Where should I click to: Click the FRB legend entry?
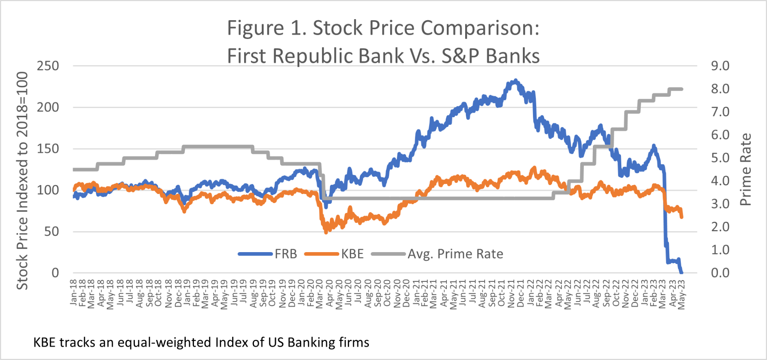[x=285, y=254]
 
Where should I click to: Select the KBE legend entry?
[x=352, y=254]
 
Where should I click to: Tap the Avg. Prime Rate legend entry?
[x=455, y=254]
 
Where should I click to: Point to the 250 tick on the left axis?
[x=48, y=66]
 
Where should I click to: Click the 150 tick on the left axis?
[x=48, y=149]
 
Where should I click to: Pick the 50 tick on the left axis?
[x=52, y=232]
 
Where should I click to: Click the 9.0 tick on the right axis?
[x=720, y=66]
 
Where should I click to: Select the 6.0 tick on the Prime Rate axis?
[x=720, y=135]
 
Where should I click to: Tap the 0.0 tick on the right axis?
[x=720, y=273]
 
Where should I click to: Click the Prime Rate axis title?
[x=746, y=169]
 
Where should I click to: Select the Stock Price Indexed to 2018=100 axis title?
[x=22, y=181]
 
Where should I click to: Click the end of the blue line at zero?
[x=681, y=272]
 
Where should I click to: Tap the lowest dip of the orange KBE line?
[x=326, y=232]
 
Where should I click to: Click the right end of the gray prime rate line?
[x=682, y=89]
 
